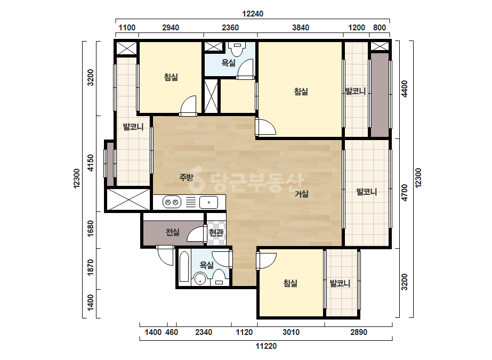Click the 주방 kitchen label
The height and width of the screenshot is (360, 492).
[186, 177]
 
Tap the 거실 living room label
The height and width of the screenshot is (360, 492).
[302, 194]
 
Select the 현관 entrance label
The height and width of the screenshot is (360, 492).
[216, 232]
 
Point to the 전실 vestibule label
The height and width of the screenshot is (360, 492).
[173, 232]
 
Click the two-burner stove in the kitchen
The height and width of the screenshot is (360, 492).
[172, 202]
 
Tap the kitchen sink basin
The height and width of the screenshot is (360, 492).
[208, 202]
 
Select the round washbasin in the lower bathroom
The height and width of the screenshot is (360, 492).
[199, 279]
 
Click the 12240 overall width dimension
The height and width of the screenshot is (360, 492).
[253, 14]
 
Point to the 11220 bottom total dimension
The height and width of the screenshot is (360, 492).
[266, 346]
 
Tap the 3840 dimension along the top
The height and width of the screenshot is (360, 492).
[301, 28]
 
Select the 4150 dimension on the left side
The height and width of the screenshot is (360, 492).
[91, 163]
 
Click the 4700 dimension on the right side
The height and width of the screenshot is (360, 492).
[405, 193]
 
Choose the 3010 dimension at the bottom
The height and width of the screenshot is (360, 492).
[291, 332]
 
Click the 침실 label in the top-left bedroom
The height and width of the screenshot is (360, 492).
[171, 77]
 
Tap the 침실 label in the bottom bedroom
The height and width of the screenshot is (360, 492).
[290, 283]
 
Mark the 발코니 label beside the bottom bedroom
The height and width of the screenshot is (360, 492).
[340, 283]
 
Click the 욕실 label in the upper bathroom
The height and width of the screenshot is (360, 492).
[229, 63]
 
